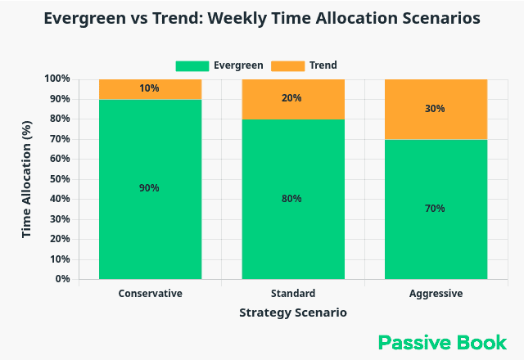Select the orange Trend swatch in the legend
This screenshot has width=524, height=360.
point(289,65)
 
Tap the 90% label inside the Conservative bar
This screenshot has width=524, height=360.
point(149,188)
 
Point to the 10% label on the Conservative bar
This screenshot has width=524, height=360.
point(149,88)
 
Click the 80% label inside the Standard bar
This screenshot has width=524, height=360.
point(292,199)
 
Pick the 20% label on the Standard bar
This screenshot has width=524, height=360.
point(292,98)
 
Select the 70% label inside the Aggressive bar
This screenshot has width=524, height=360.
point(436,209)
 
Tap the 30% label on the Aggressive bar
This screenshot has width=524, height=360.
point(436,108)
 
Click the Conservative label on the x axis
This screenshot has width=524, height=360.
point(150,293)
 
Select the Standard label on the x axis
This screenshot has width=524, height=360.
point(292,293)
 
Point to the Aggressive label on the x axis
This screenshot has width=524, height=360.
point(436,293)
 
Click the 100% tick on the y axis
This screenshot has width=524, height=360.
point(56,79)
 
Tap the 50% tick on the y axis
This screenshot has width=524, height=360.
point(59,179)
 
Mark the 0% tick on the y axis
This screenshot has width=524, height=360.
point(62,279)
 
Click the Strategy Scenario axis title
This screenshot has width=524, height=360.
point(292,313)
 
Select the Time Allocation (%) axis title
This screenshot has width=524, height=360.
point(26,179)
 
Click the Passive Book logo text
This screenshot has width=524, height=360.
point(442,342)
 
